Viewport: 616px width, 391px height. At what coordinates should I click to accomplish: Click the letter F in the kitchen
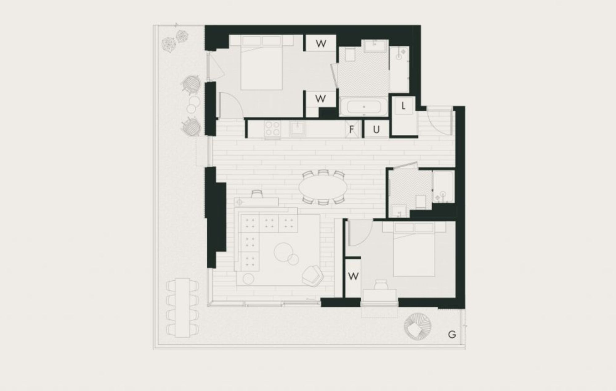click(351, 130)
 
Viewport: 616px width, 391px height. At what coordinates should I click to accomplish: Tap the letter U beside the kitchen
click(376, 130)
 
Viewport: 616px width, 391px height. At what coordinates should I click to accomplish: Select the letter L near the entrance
click(403, 106)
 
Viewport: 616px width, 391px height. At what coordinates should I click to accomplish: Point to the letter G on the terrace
click(452, 334)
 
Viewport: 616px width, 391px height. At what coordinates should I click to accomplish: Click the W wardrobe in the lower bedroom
click(353, 276)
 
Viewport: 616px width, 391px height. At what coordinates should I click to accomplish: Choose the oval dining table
click(323, 187)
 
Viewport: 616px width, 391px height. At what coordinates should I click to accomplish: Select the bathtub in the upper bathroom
click(364, 107)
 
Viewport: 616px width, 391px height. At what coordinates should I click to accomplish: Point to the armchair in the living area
click(313, 275)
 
